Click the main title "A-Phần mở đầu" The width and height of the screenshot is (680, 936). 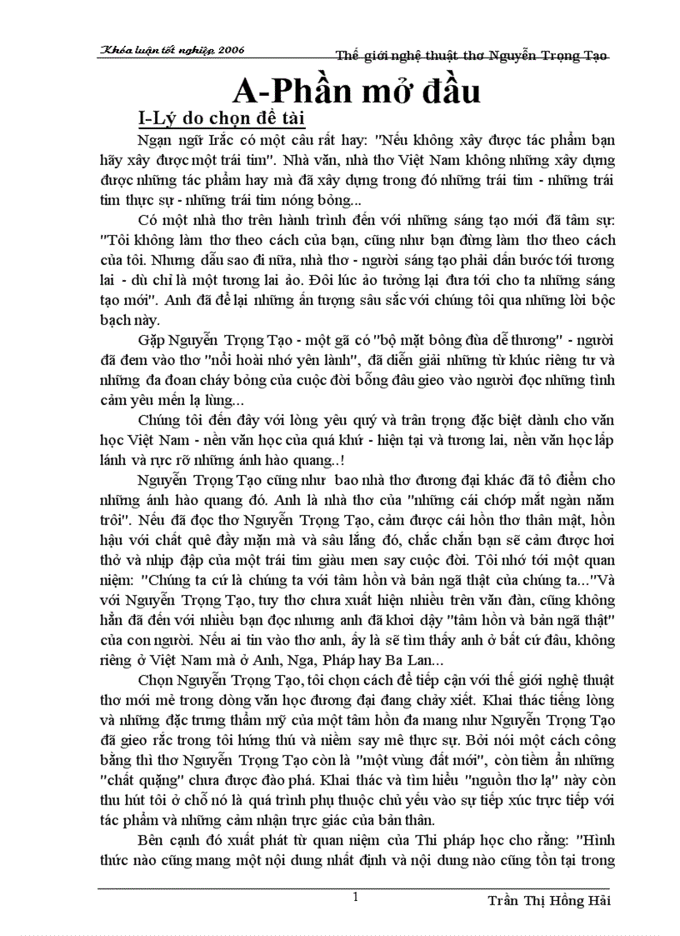[x=355, y=88]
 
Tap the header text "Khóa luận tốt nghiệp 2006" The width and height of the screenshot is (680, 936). [x=172, y=50]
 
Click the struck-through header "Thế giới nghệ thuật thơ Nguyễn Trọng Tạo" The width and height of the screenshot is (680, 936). [x=472, y=55]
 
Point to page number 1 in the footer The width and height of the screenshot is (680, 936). [x=355, y=897]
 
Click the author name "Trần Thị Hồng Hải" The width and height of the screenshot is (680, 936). [x=550, y=902]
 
